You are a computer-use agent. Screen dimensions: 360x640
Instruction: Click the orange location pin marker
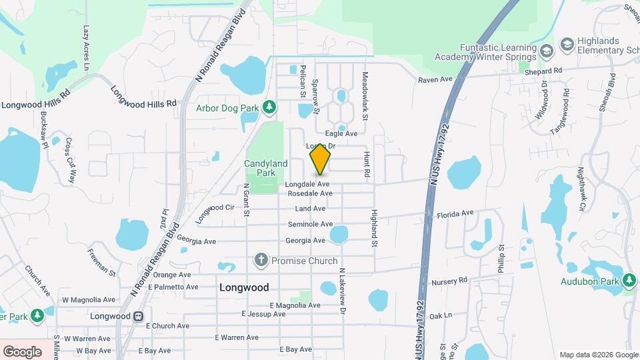321,160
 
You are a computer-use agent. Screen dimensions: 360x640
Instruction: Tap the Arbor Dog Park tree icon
269,107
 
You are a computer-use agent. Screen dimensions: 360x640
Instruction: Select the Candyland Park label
265,168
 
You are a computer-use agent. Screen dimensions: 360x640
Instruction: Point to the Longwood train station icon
138,315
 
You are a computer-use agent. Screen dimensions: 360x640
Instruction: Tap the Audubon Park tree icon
629,279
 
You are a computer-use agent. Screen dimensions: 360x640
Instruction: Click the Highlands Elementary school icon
567,44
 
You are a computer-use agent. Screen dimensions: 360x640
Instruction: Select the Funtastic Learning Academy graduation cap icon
546,51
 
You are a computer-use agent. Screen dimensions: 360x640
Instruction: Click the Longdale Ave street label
307,183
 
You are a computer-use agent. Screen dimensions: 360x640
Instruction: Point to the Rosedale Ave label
310,193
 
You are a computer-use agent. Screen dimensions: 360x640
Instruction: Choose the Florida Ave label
455,213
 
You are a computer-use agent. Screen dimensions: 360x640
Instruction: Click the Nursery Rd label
450,281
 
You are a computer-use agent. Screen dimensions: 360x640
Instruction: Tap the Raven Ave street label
435,79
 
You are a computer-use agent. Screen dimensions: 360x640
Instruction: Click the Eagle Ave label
341,133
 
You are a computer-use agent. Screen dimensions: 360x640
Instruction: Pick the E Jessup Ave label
263,313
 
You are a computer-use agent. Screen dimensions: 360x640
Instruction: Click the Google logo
23,351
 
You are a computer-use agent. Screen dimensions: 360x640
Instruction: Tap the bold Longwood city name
244,287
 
